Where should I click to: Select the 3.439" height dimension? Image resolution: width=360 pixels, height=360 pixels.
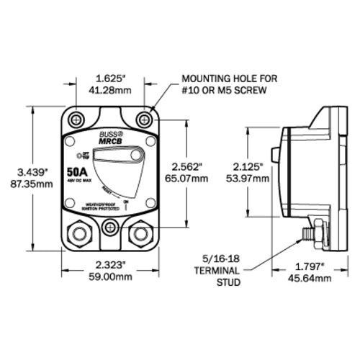(x=34, y=171)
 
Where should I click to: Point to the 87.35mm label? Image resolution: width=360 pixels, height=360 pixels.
(x=34, y=184)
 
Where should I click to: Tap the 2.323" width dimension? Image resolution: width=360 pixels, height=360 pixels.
(x=109, y=265)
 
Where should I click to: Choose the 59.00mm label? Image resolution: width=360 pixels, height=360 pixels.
(x=109, y=277)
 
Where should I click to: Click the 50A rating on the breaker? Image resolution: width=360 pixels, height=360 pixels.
(x=78, y=173)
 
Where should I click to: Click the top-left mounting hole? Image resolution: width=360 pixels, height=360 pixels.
(x=76, y=117)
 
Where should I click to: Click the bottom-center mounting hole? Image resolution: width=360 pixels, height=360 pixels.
(x=109, y=228)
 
